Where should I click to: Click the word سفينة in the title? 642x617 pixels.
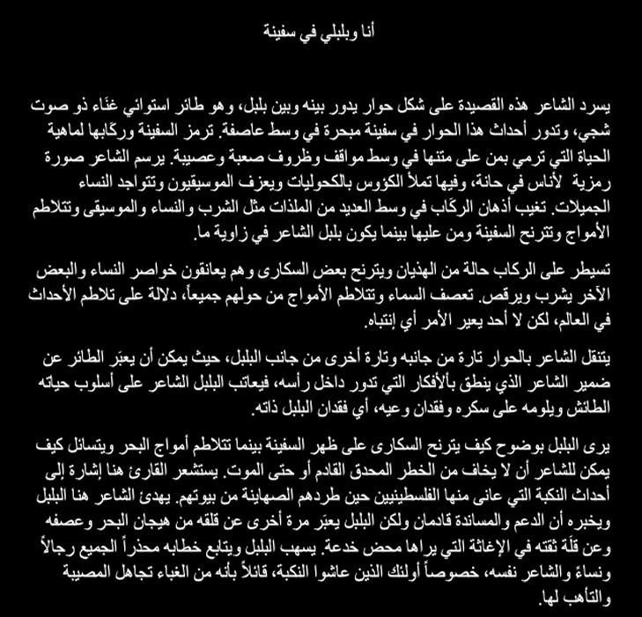(x=284, y=33)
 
